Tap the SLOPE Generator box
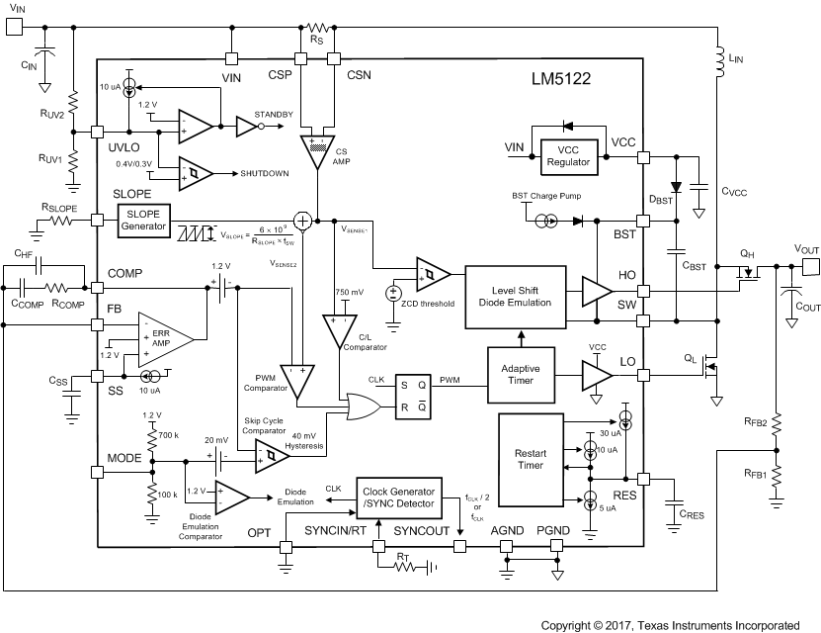tap(143, 219)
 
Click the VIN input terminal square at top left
tap(14, 27)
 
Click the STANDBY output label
tap(274, 115)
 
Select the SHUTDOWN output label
tap(265, 173)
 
